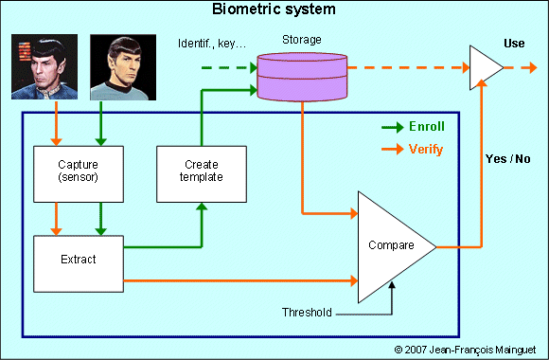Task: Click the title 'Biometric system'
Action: (x=274, y=10)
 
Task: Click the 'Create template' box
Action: (x=201, y=173)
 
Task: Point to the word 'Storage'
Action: (x=302, y=42)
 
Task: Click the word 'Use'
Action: (x=513, y=44)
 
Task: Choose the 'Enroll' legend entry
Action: (x=425, y=126)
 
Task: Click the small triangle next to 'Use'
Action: (x=485, y=68)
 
